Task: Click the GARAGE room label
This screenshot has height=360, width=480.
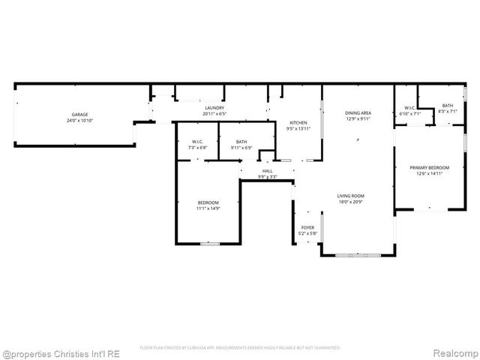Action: point(80,115)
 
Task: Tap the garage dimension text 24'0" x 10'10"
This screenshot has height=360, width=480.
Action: point(80,121)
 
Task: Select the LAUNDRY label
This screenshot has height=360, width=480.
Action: point(215,108)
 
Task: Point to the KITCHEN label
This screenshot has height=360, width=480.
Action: point(298,122)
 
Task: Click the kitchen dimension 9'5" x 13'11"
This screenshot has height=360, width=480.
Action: point(298,128)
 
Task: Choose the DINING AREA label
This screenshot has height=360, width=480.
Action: point(358,112)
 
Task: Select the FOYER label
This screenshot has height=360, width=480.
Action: point(308,227)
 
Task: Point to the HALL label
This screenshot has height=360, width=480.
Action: point(268,171)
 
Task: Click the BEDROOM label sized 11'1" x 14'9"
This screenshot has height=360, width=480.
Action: point(208,202)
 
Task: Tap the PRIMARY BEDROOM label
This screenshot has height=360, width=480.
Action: point(429,167)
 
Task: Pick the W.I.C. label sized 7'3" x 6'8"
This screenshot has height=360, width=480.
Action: point(197,142)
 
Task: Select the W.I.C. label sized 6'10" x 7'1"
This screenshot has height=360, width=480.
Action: point(410,108)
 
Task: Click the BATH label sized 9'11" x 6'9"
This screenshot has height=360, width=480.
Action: point(241,142)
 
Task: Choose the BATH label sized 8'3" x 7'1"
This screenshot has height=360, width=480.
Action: point(448,106)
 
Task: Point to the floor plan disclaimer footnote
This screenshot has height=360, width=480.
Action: point(240,348)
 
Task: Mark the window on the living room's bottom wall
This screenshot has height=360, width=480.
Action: point(358,256)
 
